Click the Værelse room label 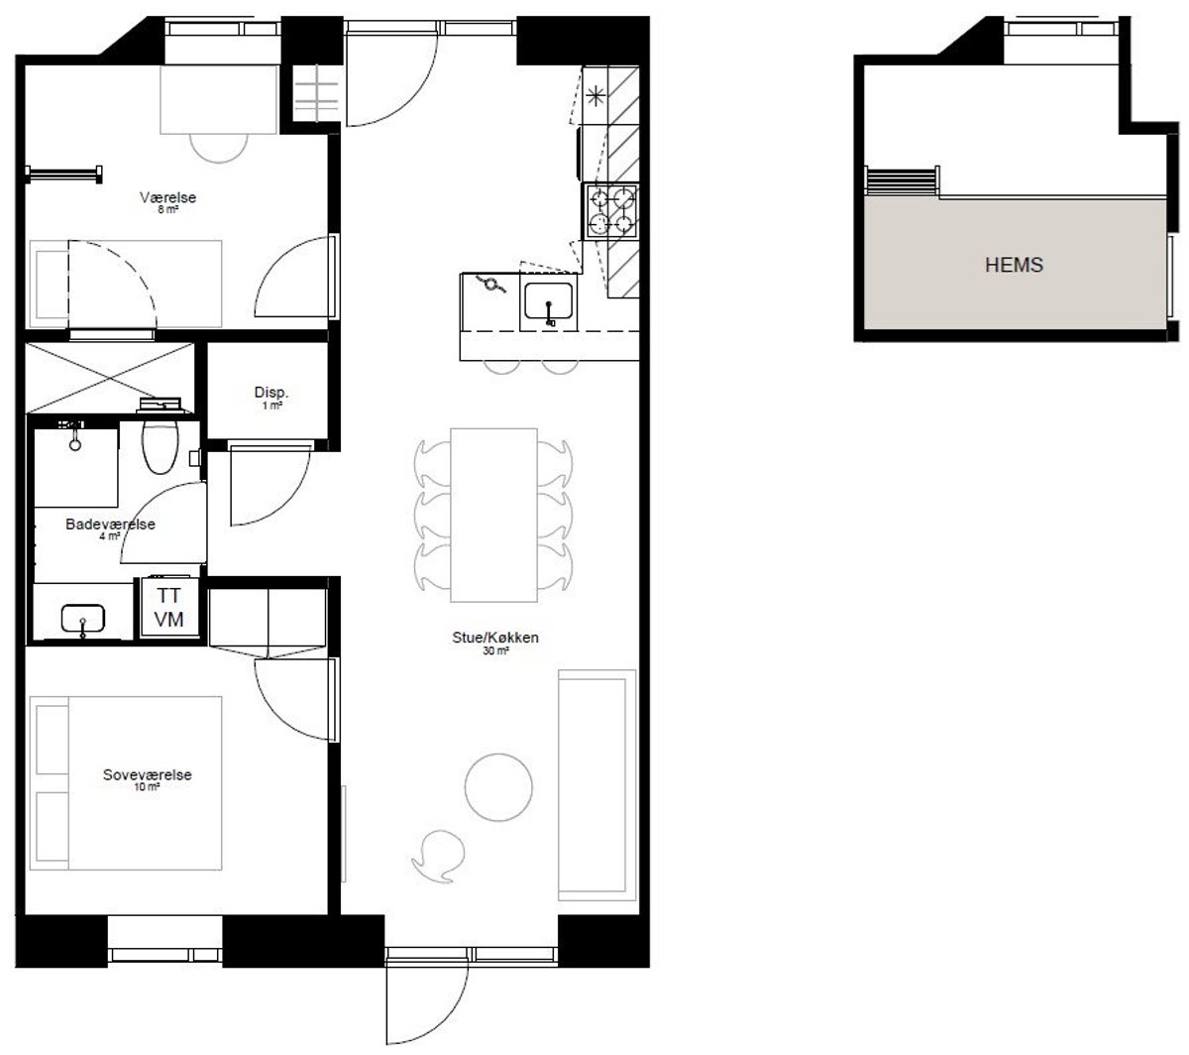167,197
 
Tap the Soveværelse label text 147,774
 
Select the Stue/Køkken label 494,638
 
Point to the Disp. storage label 271,393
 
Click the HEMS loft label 1014,265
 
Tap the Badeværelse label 110,524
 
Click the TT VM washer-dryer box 169,608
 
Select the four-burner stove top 611,211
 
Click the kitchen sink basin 548,301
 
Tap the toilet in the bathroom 161,445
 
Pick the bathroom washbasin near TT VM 83,619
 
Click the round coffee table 498,787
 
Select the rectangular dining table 493,515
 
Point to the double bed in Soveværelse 126,783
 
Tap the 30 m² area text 495,650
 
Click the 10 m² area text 147,787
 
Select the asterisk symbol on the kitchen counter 595,95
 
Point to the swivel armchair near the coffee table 438,856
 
